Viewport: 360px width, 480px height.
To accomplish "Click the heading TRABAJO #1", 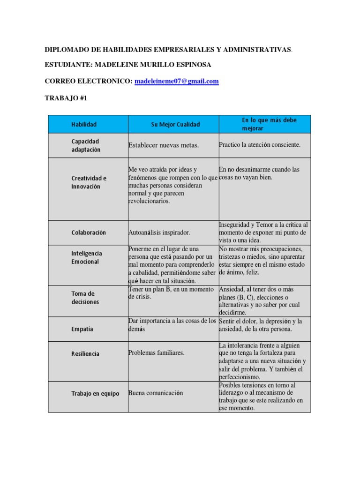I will coord(66,98).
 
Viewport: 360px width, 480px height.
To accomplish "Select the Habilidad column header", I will coord(84,124).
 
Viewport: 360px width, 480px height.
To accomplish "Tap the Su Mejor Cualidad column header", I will coord(175,124).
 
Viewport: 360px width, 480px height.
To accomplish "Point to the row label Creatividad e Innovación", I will coord(89,182).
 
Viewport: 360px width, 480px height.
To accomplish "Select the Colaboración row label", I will coord(89,232).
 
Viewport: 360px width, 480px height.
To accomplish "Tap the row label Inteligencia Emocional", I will coord(87,257).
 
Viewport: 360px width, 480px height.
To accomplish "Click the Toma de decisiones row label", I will coord(85,298).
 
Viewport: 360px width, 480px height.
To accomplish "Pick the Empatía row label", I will coord(82,329).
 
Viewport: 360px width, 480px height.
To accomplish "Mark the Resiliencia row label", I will coord(85,354).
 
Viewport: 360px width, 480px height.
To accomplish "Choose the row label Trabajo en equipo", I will coord(95,393).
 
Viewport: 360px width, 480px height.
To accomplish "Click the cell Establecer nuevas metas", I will coord(164,145).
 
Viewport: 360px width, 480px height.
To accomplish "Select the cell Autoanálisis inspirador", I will coord(159,232).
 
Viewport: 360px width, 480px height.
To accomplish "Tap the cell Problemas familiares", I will coord(157,353).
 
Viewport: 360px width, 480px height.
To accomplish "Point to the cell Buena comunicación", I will coord(156,393).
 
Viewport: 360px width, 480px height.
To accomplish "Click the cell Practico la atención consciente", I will coord(259,145).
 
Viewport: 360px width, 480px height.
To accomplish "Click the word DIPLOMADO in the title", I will coord(66,49).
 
